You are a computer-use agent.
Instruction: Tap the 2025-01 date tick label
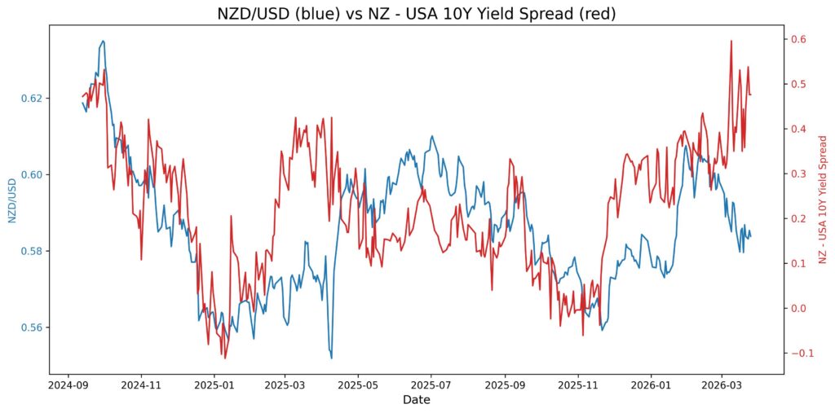coord(213,384)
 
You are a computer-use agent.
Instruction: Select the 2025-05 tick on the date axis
coord(357,384)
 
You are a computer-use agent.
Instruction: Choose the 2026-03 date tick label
coord(723,384)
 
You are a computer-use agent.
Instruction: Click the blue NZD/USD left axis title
coord(12,200)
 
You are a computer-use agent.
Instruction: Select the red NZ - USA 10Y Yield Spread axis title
coord(823,200)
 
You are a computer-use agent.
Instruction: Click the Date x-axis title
coord(416,400)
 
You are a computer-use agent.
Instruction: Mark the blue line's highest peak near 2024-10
coord(103,41)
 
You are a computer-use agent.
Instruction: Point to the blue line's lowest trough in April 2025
coord(331,358)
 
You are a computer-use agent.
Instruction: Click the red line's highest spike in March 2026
coord(731,41)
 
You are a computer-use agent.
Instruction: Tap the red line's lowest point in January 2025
coord(225,358)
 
